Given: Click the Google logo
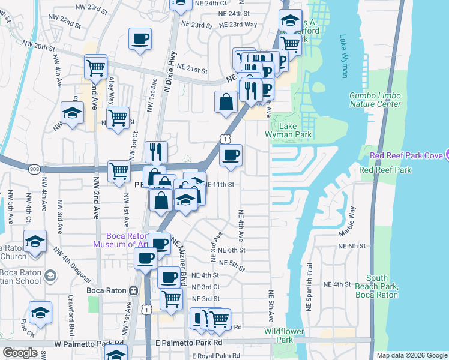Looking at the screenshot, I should coord(20,353).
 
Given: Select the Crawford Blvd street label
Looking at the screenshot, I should coord(71,321).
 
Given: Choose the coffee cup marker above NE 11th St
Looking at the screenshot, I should coord(231,157).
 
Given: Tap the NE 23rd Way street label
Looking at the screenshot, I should coord(238,25).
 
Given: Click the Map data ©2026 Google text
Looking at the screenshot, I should coord(411,355).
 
